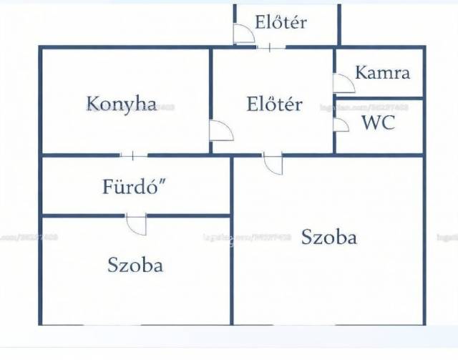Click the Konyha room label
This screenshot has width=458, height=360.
click(122, 103)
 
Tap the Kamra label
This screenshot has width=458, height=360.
click(382, 72)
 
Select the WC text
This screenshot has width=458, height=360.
click(377, 122)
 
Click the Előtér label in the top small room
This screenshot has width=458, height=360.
click(281, 22)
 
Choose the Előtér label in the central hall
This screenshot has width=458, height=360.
click(273, 104)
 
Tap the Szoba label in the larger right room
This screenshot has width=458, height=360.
click(328, 237)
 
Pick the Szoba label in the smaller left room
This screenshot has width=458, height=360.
click(135, 265)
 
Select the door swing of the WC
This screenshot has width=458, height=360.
click(342, 125)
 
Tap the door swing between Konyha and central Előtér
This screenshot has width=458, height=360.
click(221, 131)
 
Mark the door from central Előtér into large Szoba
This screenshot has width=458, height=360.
click(273, 164)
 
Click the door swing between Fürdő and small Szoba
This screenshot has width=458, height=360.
click(136, 224)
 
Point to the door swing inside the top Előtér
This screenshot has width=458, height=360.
click(243, 33)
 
